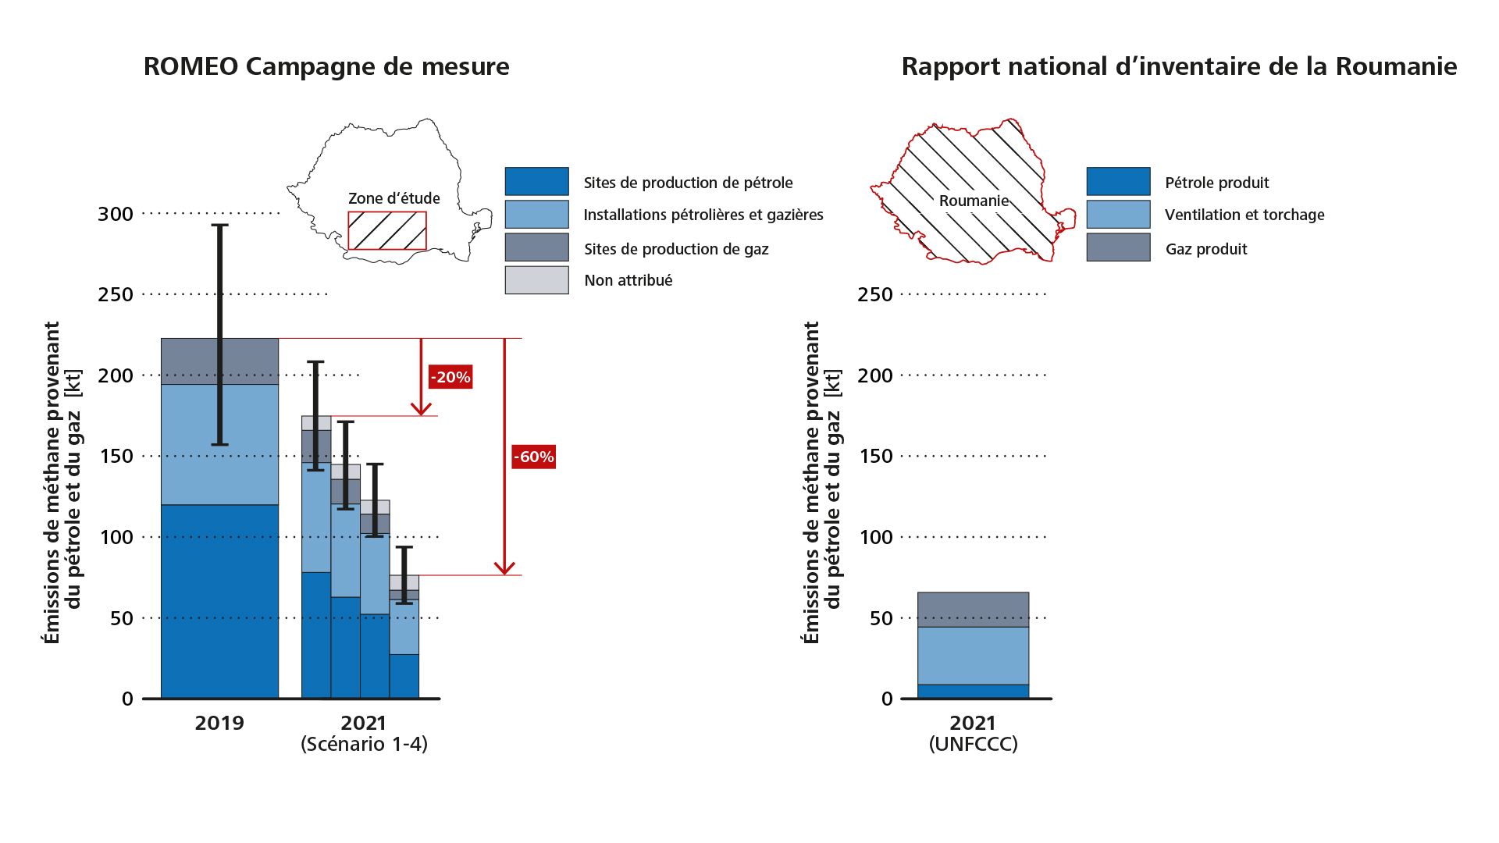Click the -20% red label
click(x=450, y=377)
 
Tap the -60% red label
click(x=534, y=457)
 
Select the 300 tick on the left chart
click(x=116, y=214)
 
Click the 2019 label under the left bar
click(x=219, y=723)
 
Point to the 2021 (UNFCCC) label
click(x=973, y=733)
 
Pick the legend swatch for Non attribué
click(x=536, y=280)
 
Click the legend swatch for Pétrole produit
click(x=1118, y=182)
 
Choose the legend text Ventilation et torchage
click(x=1244, y=215)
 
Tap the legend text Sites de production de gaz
click(x=676, y=249)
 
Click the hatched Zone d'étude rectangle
click(x=387, y=231)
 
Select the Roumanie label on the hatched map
click(x=974, y=201)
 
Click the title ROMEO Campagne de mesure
click(x=326, y=66)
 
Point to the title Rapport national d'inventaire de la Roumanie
click(x=1179, y=66)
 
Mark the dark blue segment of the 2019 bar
click(x=219, y=601)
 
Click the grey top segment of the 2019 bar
click(x=219, y=361)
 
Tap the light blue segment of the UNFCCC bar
click(x=973, y=656)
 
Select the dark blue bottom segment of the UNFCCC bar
click(x=973, y=692)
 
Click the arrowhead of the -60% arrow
click(x=505, y=568)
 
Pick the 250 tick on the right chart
click(x=875, y=295)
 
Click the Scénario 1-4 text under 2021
click(x=364, y=744)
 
